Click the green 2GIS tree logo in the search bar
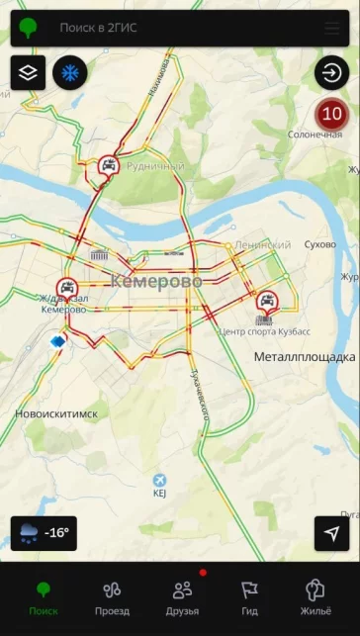pyautogui.click(x=29, y=28)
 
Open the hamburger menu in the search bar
pyautogui.click(x=331, y=28)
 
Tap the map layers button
pyautogui.click(x=28, y=72)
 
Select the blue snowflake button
pyautogui.click(x=69, y=72)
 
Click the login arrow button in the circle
pyautogui.click(x=331, y=72)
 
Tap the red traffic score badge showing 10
pyautogui.click(x=331, y=115)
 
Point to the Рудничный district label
pyautogui.click(x=154, y=166)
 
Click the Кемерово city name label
pyautogui.click(x=155, y=282)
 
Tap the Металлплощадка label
pyautogui.click(x=304, y=356)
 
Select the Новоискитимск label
pyautogui.click(x=56, y=413)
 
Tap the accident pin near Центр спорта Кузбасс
pyautogui.click(x=266, y=301)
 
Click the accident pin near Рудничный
pyautogui.click(x=109, y=167)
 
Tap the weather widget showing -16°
pyautogui.click(x=44, y=533)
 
